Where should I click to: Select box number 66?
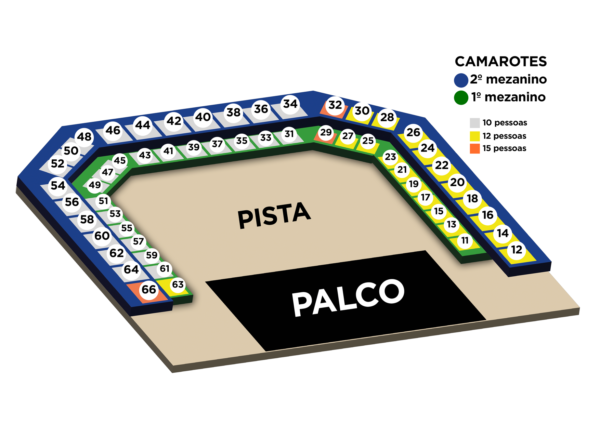coord(149,290)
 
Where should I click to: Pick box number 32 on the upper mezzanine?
coord(335,105)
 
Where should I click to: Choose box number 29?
coord(326,132)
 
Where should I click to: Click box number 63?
coord(178,284)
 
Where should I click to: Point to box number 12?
coord(517,250)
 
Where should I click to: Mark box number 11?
coord(465,241)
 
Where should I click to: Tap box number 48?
coord(84,137)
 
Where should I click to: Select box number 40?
coord(203,117)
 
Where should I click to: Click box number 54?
coord(58,186)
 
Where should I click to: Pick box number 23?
coord(390,157)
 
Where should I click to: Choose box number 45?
coord(120,160)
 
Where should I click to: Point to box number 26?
coord(413,132)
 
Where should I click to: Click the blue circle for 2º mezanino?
coord(461,80)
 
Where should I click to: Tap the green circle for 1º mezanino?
coord(461,98)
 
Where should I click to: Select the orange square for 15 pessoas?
coord(475,149)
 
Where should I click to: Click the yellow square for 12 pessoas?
coord(475,136)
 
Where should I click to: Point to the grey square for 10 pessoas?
coord(475,123)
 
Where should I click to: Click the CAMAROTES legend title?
coord(501,62)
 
